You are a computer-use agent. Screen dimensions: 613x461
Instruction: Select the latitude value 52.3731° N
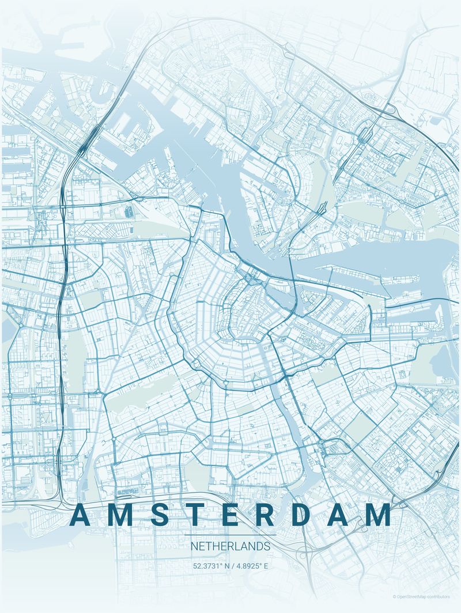(211, 566)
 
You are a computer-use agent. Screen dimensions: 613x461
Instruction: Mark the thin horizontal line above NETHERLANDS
(230, 535)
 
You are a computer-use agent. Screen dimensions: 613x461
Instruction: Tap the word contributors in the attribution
(444, 597)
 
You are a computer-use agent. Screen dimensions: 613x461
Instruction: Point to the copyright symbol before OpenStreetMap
(395, 597)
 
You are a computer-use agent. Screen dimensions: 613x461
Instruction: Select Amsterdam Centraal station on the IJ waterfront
(254, 277)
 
